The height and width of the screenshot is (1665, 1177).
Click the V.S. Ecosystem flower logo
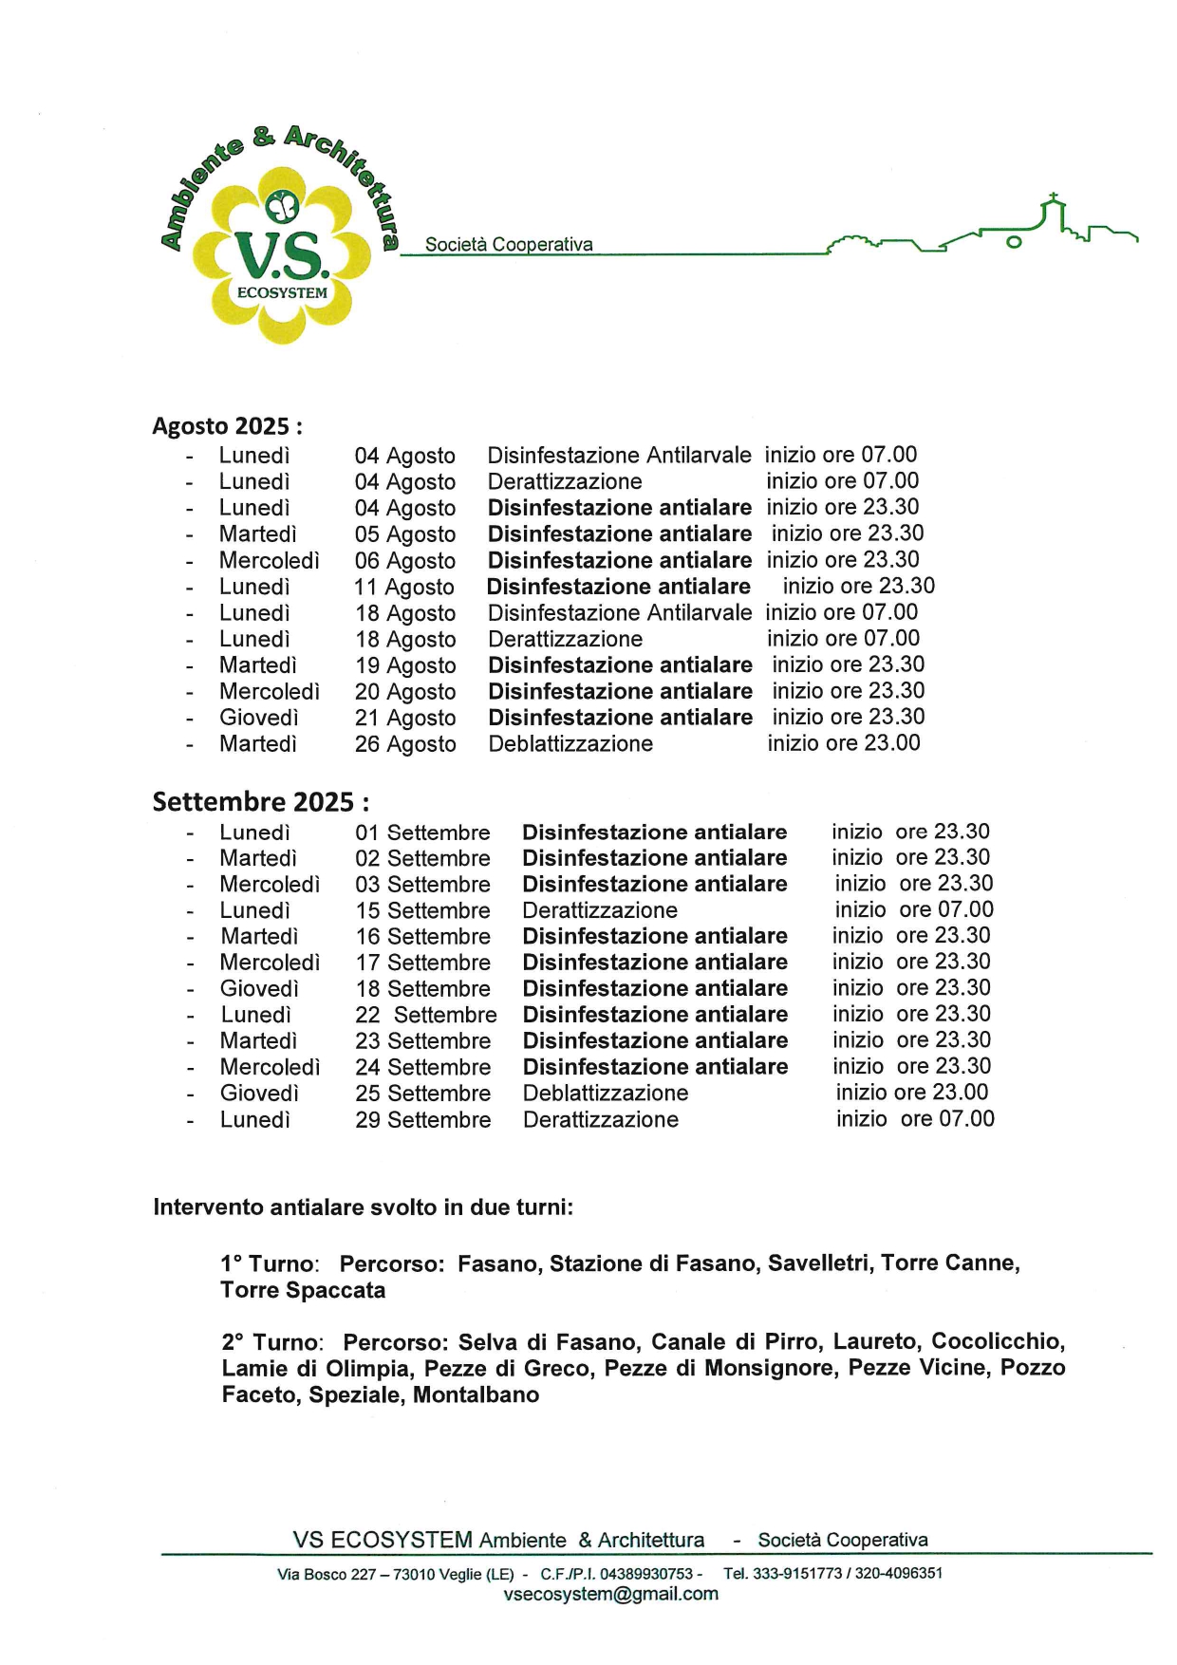(x=281, y=252)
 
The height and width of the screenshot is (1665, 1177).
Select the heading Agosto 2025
(x=227, y=425)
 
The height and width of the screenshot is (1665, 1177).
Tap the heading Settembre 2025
(x=260, y=802)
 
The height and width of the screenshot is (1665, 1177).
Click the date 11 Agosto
(x=404, y=588)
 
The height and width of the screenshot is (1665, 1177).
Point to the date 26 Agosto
(x=405, y=744)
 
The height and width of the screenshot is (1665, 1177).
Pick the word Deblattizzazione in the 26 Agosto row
(x=570, y=744)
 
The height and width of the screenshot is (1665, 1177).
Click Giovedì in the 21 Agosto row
(x=259, y=719)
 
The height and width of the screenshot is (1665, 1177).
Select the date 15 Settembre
(x=423, y=910)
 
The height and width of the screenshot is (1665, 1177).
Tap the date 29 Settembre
(x=423, y=1120)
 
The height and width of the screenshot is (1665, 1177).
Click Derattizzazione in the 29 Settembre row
(x=601, y=1120)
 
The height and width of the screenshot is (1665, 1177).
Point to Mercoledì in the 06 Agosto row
(x=270, y=561)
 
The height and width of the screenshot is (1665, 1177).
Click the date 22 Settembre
(x=426, y=1015)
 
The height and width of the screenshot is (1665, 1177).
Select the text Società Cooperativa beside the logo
(x=509, y=244)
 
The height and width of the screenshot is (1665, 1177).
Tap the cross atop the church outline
(x=1052, y=199)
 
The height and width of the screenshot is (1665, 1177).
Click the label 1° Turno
(x=269, y=1264)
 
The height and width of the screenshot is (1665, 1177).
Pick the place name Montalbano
(x=476, y=1395)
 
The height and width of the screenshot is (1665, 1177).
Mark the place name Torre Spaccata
(x=303, y=1291)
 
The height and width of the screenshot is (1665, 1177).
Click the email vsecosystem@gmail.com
(x=611, y=1594)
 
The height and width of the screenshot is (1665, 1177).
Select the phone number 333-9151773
(x=797, y=1573)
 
